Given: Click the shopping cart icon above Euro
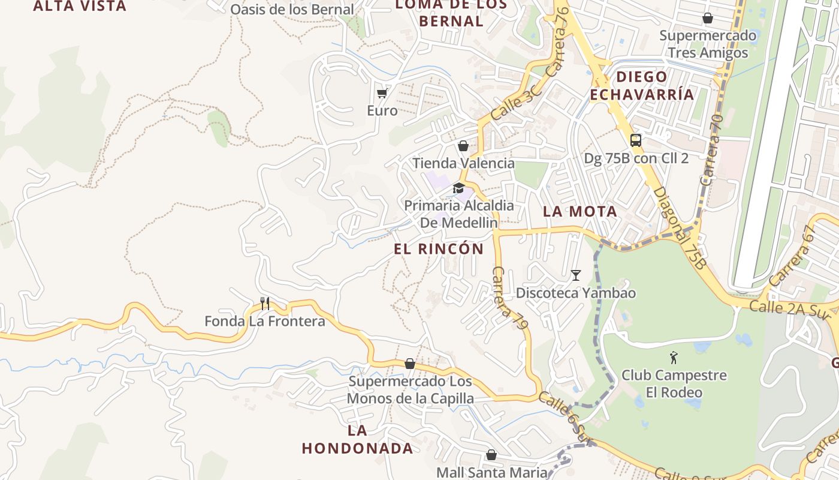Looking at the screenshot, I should (382, 93).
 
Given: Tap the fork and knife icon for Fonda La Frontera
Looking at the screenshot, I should (265, 304).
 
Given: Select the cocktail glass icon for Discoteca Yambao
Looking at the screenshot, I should (576, 275).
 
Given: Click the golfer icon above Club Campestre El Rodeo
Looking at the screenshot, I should (674, 358).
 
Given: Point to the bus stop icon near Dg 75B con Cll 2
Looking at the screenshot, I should (636, 140).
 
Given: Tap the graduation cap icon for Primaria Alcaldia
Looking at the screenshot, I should (458, 188).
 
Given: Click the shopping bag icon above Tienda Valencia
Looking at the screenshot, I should (463, 146).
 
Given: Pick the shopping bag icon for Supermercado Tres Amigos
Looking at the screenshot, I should (708, 18).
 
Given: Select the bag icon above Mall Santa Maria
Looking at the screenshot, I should (491, 455).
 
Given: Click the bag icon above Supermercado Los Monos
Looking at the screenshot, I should (410, 364).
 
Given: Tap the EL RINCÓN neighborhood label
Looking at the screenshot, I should (439, 249).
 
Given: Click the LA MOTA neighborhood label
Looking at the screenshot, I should (580, 211).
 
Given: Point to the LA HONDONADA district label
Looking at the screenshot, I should (357, 439).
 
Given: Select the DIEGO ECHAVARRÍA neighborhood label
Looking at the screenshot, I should (642, 85).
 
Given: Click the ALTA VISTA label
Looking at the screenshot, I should (80, 7).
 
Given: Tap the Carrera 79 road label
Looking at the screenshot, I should (510, 298).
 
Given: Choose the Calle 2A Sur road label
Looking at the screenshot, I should (784, 308).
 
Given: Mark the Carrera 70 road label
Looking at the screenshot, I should (711, 151).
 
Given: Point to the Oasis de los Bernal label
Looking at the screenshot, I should (292, 10).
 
